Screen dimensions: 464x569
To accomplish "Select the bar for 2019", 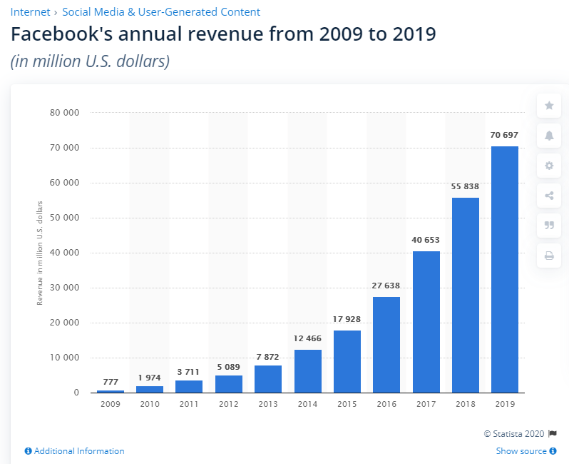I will (x=505, y=269).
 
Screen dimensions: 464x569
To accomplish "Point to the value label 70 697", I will (x=505, y=135).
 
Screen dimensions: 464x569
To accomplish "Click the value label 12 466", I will (x=307, y=338).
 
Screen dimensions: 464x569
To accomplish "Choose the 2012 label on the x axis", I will (x=228, y=403).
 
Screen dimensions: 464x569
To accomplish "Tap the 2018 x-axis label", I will (x=465, y=403).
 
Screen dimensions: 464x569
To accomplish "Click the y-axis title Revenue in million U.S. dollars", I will (x=41, y=253).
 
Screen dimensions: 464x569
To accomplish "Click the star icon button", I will (x=549, y=106).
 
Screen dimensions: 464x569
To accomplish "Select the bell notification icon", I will (x=549, y=136).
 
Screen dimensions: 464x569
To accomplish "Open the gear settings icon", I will (x=549, y=166).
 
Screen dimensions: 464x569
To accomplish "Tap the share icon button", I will (x=549, y=196).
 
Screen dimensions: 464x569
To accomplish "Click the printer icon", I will (x=549, y=256).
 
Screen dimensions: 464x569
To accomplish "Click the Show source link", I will (x=521, y=451).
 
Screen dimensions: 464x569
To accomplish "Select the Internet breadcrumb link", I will (x=30, y=12).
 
